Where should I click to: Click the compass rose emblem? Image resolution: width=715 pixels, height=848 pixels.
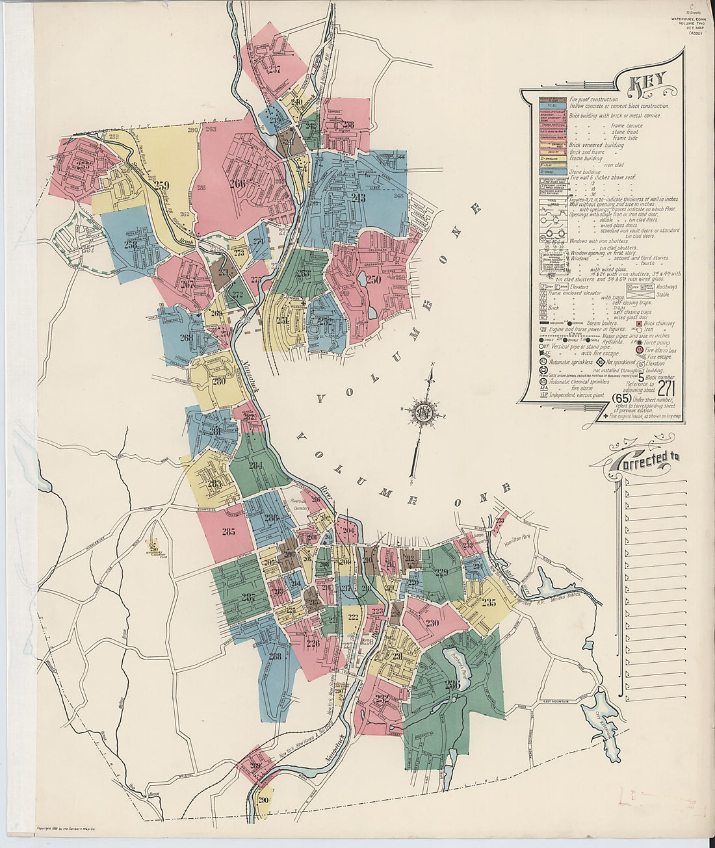pyautogui.click(x=423, y=413)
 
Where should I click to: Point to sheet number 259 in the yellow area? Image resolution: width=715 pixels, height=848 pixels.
pyautogui.click(x=162, y=186)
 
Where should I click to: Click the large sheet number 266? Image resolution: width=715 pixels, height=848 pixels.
pyautogui.click(x=237, y=183)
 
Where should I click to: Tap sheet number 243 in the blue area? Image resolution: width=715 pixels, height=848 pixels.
pyautogui.click(x=358, y=198)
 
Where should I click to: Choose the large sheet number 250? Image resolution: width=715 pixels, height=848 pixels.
pyautogui.click(x=373, y=280)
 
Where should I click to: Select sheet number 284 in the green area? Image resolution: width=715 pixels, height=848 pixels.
pyautogui.click(x=255, y=465)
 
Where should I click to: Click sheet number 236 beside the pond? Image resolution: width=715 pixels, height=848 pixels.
pyautogui.click(x=452, y=684)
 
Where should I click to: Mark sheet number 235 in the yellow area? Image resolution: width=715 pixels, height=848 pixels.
pyautogui.click(x=489, y=602)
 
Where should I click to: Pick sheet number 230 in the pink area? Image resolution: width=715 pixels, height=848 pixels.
pyautogui.click(x=432, y=622)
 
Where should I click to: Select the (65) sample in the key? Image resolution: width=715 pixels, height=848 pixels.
pyautogui.click(x=621, y=398)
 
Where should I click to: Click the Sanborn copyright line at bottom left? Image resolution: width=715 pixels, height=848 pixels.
pyautogui.click(x=67, y=829)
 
